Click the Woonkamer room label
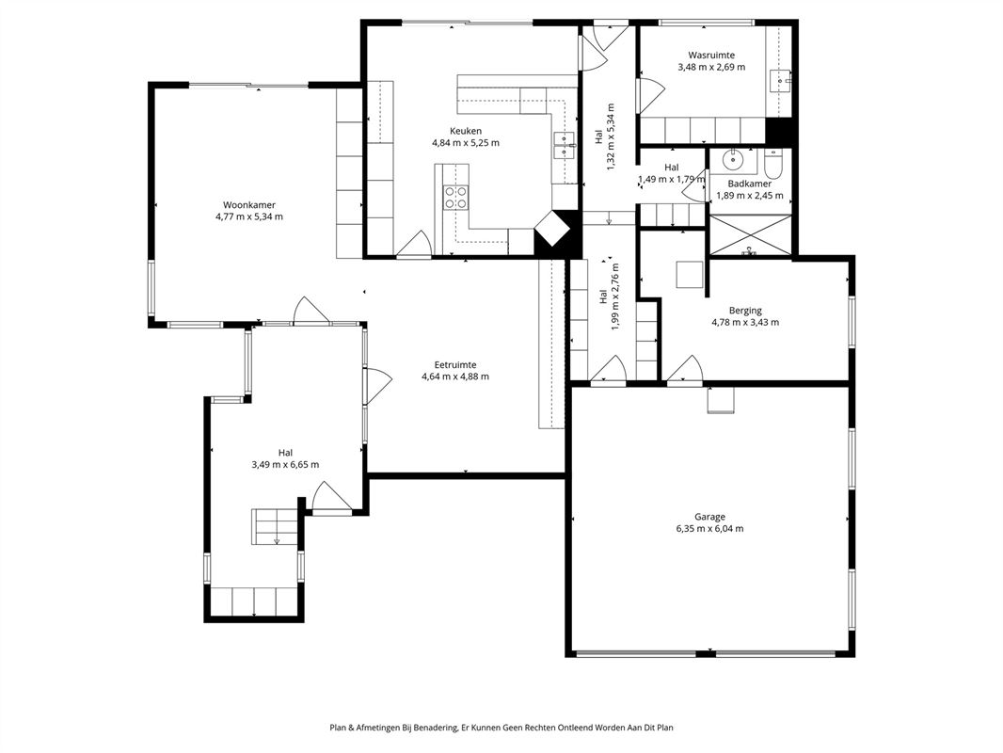click(249, 205)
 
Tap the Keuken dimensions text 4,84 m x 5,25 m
click(466, 143)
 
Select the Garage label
click(710, 517)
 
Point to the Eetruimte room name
click(455, 365)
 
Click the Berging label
click(745, 311)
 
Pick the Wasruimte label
click(711, 56)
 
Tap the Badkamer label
click(750, 184)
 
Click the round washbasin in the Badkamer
click(731, 160)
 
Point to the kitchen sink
click(565, 147)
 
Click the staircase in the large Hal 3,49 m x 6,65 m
click(275, 527)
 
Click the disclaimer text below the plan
click(501, 728)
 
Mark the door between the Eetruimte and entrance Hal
click(376, 387)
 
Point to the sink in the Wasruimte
click(782, 81)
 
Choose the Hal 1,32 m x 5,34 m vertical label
click(604, 136)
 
